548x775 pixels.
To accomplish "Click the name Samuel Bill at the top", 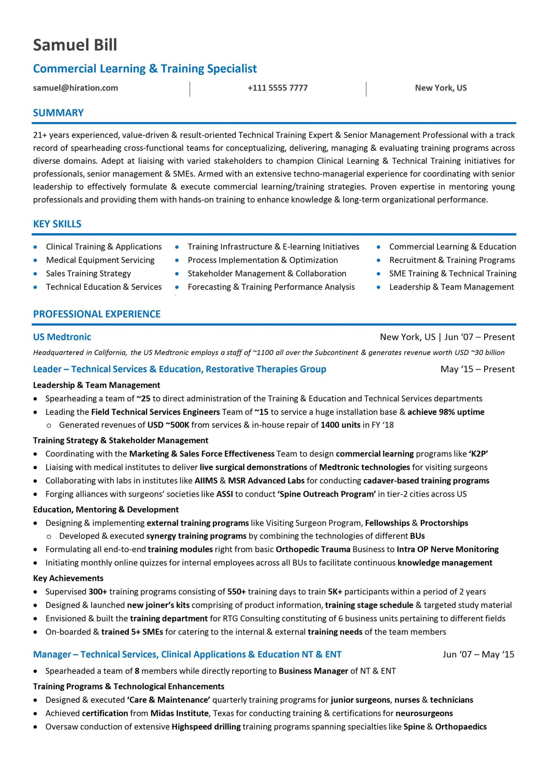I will [75, 45].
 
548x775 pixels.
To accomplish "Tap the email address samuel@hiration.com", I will [75, 88].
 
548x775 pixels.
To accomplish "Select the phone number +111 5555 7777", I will [277, 88].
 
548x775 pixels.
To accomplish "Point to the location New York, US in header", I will [440, 88].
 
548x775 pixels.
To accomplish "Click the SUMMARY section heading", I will [58, 113].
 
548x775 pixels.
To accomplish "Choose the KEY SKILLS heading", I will [57, 224].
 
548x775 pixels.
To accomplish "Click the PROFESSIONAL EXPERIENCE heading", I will [97, 314].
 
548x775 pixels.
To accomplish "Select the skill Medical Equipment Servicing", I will [100, 260].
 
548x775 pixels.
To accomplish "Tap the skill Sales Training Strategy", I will [88, 273].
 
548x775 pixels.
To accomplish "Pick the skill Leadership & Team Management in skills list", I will [451, 287].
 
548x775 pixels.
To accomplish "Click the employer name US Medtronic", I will [62, 337].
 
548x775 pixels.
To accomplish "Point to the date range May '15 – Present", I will [477, 369].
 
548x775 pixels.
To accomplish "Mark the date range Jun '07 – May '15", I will [478, 655].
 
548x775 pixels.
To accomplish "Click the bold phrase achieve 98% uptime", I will [446, 412].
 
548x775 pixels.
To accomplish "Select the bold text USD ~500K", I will [168, 425].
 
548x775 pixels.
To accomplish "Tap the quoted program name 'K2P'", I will [478, 454].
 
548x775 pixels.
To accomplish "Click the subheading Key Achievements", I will [68, 578].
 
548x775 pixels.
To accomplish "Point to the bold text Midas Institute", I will [179, 713].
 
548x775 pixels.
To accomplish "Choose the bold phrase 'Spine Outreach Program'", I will [326, 494].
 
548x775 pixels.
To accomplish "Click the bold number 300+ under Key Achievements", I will [98, 592].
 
